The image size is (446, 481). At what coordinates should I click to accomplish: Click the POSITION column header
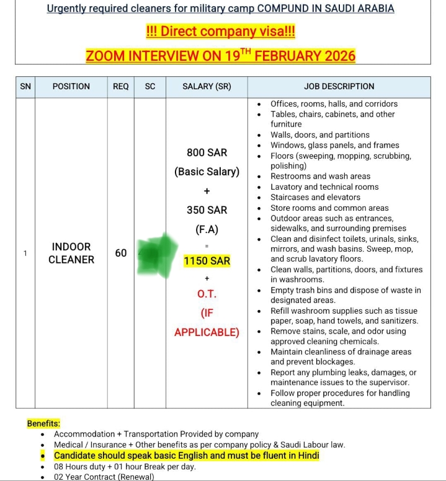point(71,87)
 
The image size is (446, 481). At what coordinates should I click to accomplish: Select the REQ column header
point(120,87)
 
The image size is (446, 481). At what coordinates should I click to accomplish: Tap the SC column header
point(150,87)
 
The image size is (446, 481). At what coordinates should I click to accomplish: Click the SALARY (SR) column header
point(207,87)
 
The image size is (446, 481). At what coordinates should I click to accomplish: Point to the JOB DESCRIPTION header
point(339,87)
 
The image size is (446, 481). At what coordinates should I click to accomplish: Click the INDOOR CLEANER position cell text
point(71,253)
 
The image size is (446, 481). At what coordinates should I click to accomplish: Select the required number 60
point(121,253)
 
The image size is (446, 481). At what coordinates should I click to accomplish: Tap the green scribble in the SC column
point(152,253)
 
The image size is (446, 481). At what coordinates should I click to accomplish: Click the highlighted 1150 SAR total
point(207,262)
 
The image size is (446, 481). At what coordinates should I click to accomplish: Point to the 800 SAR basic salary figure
point(207,152)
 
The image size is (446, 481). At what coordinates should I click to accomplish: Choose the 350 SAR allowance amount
point(207,210)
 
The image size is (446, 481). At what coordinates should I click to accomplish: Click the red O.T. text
point(207,293)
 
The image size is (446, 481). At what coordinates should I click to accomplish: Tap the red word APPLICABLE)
point(207,332)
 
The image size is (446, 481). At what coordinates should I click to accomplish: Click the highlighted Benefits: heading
point(43,423)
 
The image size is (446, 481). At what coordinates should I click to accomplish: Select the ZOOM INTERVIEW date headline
point(220,55)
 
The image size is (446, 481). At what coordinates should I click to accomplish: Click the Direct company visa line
point(220,32)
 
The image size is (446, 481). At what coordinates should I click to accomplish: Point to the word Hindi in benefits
point(306,456)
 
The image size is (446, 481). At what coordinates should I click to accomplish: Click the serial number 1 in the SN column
point(25,253)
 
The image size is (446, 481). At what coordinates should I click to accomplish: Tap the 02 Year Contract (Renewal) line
point(104,477)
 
